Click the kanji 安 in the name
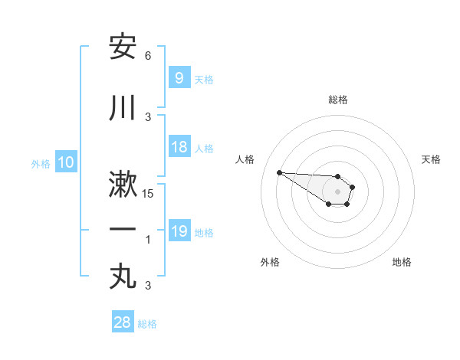tap(123, 47)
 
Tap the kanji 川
tap(123, 108)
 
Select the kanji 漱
tap(123, 186)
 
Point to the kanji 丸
tap(123, 277)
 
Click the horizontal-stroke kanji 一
tap(123, 230)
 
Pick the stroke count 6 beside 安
tap(148, 56)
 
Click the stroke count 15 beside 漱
tap(148, 194)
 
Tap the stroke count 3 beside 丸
tap(148, 286)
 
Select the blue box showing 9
tap(179, 78)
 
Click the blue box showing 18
tap(179, 148)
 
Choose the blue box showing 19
tap(179, 231)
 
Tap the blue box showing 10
tap(65, 162)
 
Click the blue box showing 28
tap(122, 322)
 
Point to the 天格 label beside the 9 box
tap(204, 79)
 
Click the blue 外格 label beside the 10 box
tap(41, 163)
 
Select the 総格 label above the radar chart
tap(338, 100)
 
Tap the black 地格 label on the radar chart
tap(402, 262)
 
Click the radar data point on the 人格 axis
tap(279, 172)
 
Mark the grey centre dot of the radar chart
tap(338, 191)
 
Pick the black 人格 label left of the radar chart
tap(245, 159)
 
